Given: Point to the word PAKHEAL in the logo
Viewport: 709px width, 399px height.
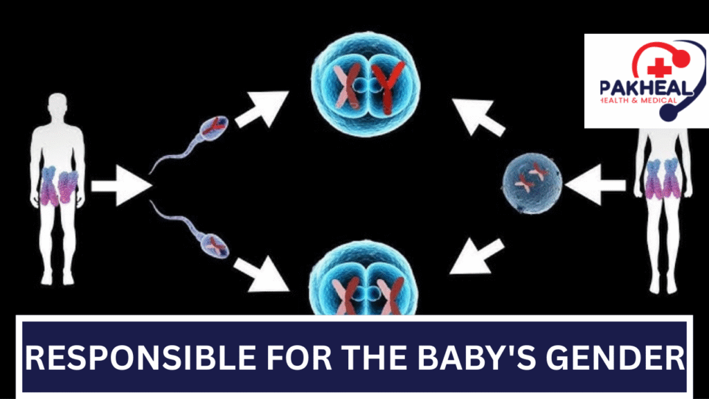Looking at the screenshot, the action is [x=646, y=88].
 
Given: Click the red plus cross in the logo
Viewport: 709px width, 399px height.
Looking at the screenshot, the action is [x=659, y=67].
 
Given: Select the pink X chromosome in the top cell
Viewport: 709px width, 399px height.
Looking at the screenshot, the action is [x=348, y=87].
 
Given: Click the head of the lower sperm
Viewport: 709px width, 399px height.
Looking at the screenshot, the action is [x=215, y=246].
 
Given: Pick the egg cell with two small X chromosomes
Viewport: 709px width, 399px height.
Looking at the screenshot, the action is [x=532, y=183].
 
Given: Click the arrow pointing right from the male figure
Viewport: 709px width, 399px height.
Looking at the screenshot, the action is [x=121, y=186].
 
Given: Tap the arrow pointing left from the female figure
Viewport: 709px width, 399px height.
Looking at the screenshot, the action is [x=595, y=184].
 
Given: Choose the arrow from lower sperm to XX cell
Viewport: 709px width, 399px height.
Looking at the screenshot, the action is [x=262, y=274].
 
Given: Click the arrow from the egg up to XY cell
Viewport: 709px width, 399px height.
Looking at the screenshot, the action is [x=478, y=117].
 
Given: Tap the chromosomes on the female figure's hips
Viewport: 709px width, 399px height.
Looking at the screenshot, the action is [x=663, y=179].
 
